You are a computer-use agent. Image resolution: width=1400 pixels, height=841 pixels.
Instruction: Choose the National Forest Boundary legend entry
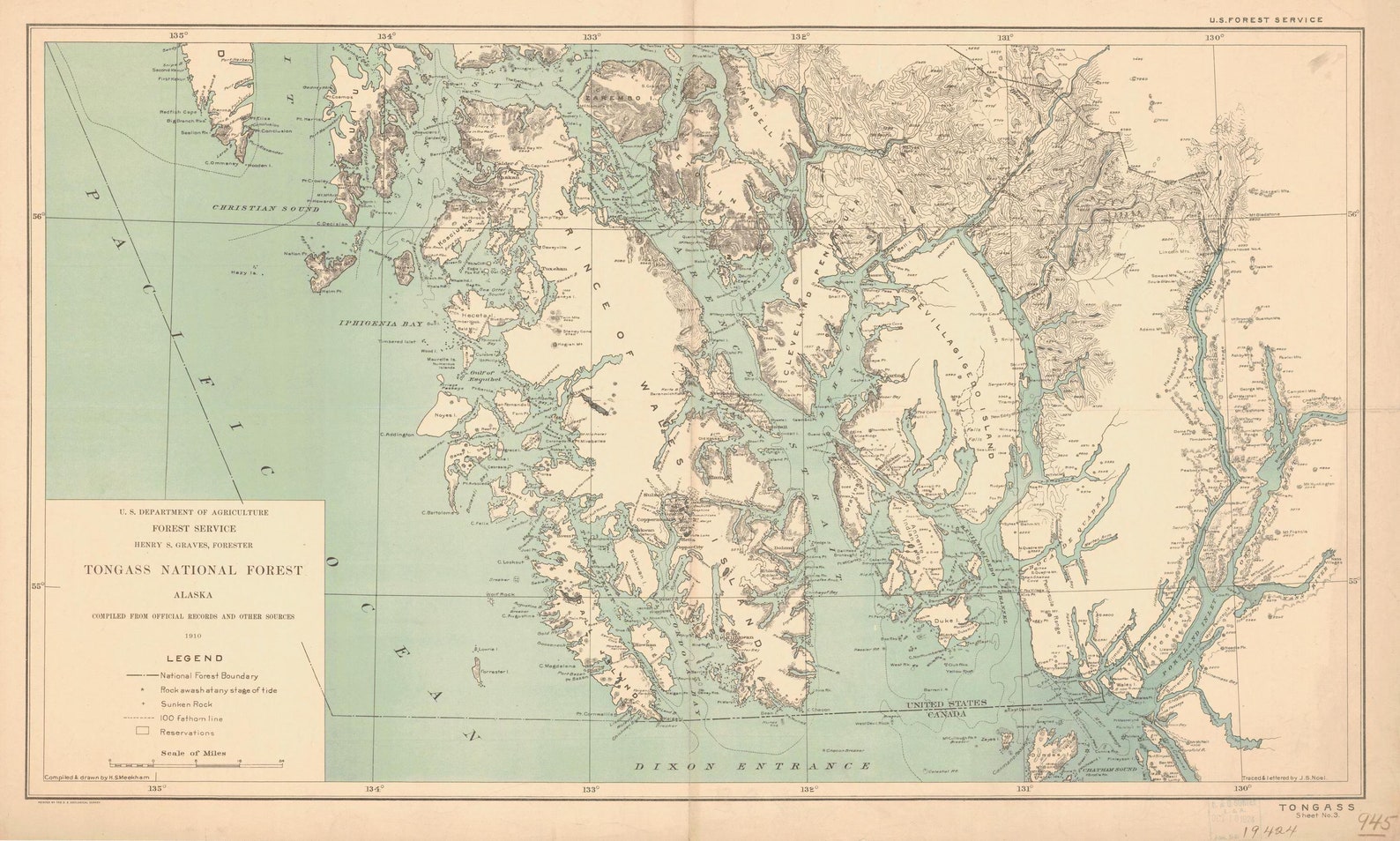point(209,675)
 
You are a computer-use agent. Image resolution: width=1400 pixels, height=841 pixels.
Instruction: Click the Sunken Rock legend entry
point(186,704)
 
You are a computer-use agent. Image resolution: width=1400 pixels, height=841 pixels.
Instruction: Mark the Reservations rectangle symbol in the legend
point(142,732)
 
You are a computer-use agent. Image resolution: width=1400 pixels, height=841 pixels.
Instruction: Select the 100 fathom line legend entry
point(191,718)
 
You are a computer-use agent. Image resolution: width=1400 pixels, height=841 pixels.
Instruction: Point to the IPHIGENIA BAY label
point(380,324)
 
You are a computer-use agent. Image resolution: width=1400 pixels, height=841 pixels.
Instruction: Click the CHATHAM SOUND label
point(1106,770)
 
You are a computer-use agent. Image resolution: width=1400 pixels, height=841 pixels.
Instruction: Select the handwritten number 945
point(1375,822)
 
